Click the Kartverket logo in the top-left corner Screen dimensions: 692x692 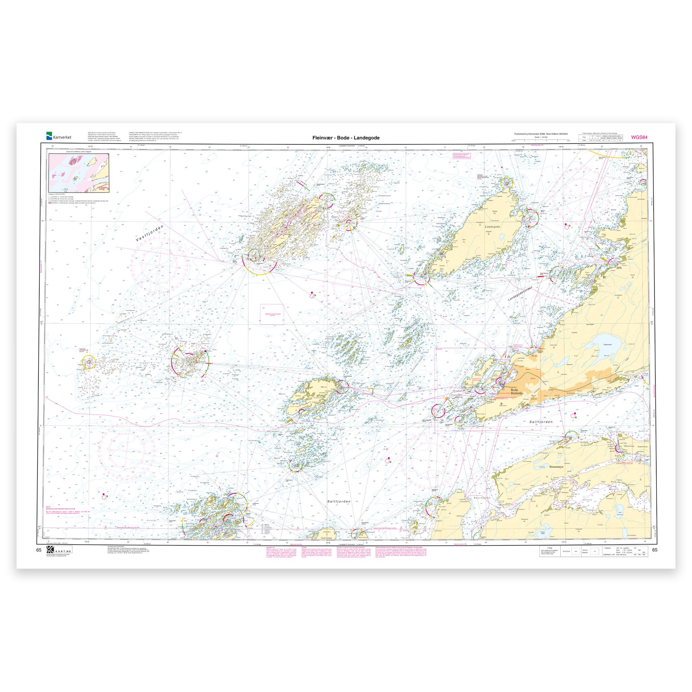tap(58, 136)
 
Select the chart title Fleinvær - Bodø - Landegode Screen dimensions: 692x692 tap(346, 138)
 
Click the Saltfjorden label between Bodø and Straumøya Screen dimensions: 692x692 tap(541, 422)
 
